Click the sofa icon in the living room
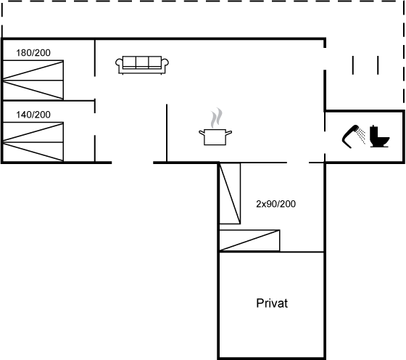[x=142, y=65]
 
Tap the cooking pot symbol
[x=215, y=136]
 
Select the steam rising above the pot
[x=216, y=118]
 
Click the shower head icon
[x=353, y=136]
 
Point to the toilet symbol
[x=379, y=136]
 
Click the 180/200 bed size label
[x=33, y=53]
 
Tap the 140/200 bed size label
[x=33, y=115]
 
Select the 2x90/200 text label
[x=275, y=204]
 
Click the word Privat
[x=272, y=303]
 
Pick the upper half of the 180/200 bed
[x=33, y=70]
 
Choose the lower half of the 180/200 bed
[x=33, y=90]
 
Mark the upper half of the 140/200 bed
[x=33, y=132]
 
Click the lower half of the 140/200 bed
[x=33, y=152]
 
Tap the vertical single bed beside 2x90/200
[x=230, y=193]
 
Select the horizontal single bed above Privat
[x=249, y=240]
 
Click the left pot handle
[x=202, y=134]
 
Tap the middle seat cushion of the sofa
[x=142, y=62]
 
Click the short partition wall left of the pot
[x=167, y=134]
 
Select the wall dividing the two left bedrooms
[x=49, y=101]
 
